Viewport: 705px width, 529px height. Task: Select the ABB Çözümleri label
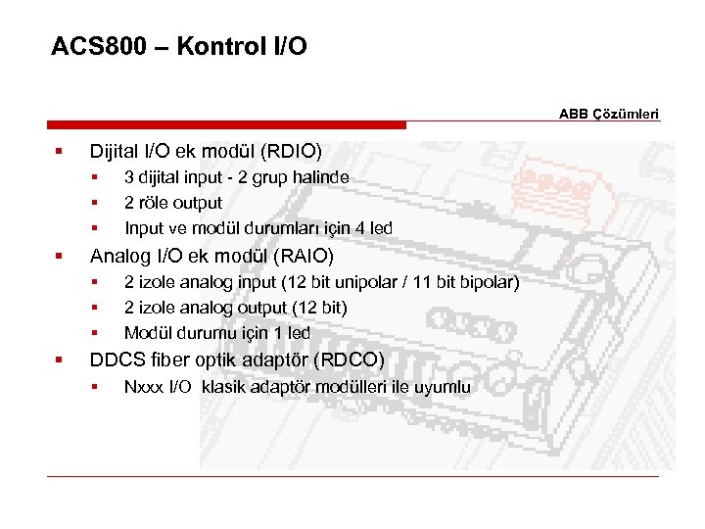[x=610, y=114]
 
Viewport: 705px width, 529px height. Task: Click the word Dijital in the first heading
[x=117, y=152]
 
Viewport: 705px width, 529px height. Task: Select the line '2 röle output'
[x=173, y=203]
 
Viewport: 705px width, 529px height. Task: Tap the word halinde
[x=317, y=177]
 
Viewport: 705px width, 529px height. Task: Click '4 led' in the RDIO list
[x=373, y=228]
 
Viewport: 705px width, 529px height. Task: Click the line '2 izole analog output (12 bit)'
[x=235, y=308]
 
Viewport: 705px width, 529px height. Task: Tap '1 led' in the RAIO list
[x=291, y=333]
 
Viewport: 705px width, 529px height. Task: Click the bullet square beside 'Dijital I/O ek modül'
[x=60, y=152]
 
